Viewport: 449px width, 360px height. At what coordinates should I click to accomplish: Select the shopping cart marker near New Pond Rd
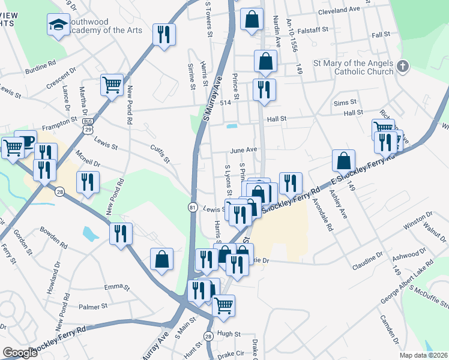[112, 85]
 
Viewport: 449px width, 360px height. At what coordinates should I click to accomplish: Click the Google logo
[20, 352]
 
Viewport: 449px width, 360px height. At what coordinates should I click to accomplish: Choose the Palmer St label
[93, 306]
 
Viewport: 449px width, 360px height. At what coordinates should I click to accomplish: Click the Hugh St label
[229, 334]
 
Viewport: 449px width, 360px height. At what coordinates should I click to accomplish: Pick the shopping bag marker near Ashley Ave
[343, 161]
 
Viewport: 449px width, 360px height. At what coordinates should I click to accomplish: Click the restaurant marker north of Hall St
[264, 90]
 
